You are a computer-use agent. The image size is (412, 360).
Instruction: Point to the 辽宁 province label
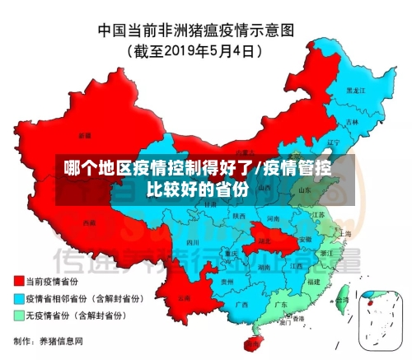click(x=333, y=143)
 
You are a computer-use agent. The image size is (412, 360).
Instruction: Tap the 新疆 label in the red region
click(x=85, y=134)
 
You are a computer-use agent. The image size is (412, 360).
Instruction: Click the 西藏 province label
click(x=89, y=223)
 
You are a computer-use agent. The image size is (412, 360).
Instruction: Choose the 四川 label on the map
click(x=192, y=243)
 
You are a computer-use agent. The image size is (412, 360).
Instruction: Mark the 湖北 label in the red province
click(x=263, y=241)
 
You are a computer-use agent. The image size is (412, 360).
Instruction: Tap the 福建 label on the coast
click(x=311, y=281)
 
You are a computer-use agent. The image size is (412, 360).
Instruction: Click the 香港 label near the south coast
click(x=298, y=318)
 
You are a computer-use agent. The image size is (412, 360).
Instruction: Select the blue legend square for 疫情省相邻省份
click(x=18, y=298)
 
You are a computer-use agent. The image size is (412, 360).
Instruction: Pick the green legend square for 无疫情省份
click(x=18, y=315)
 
